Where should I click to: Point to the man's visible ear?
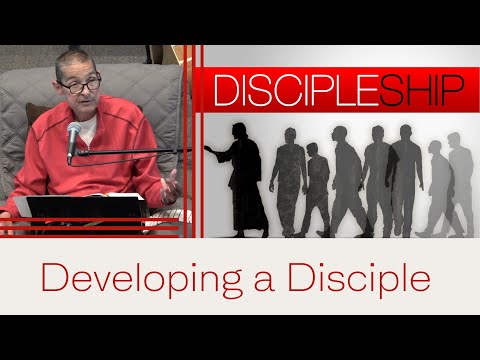[x=57, y=90]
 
